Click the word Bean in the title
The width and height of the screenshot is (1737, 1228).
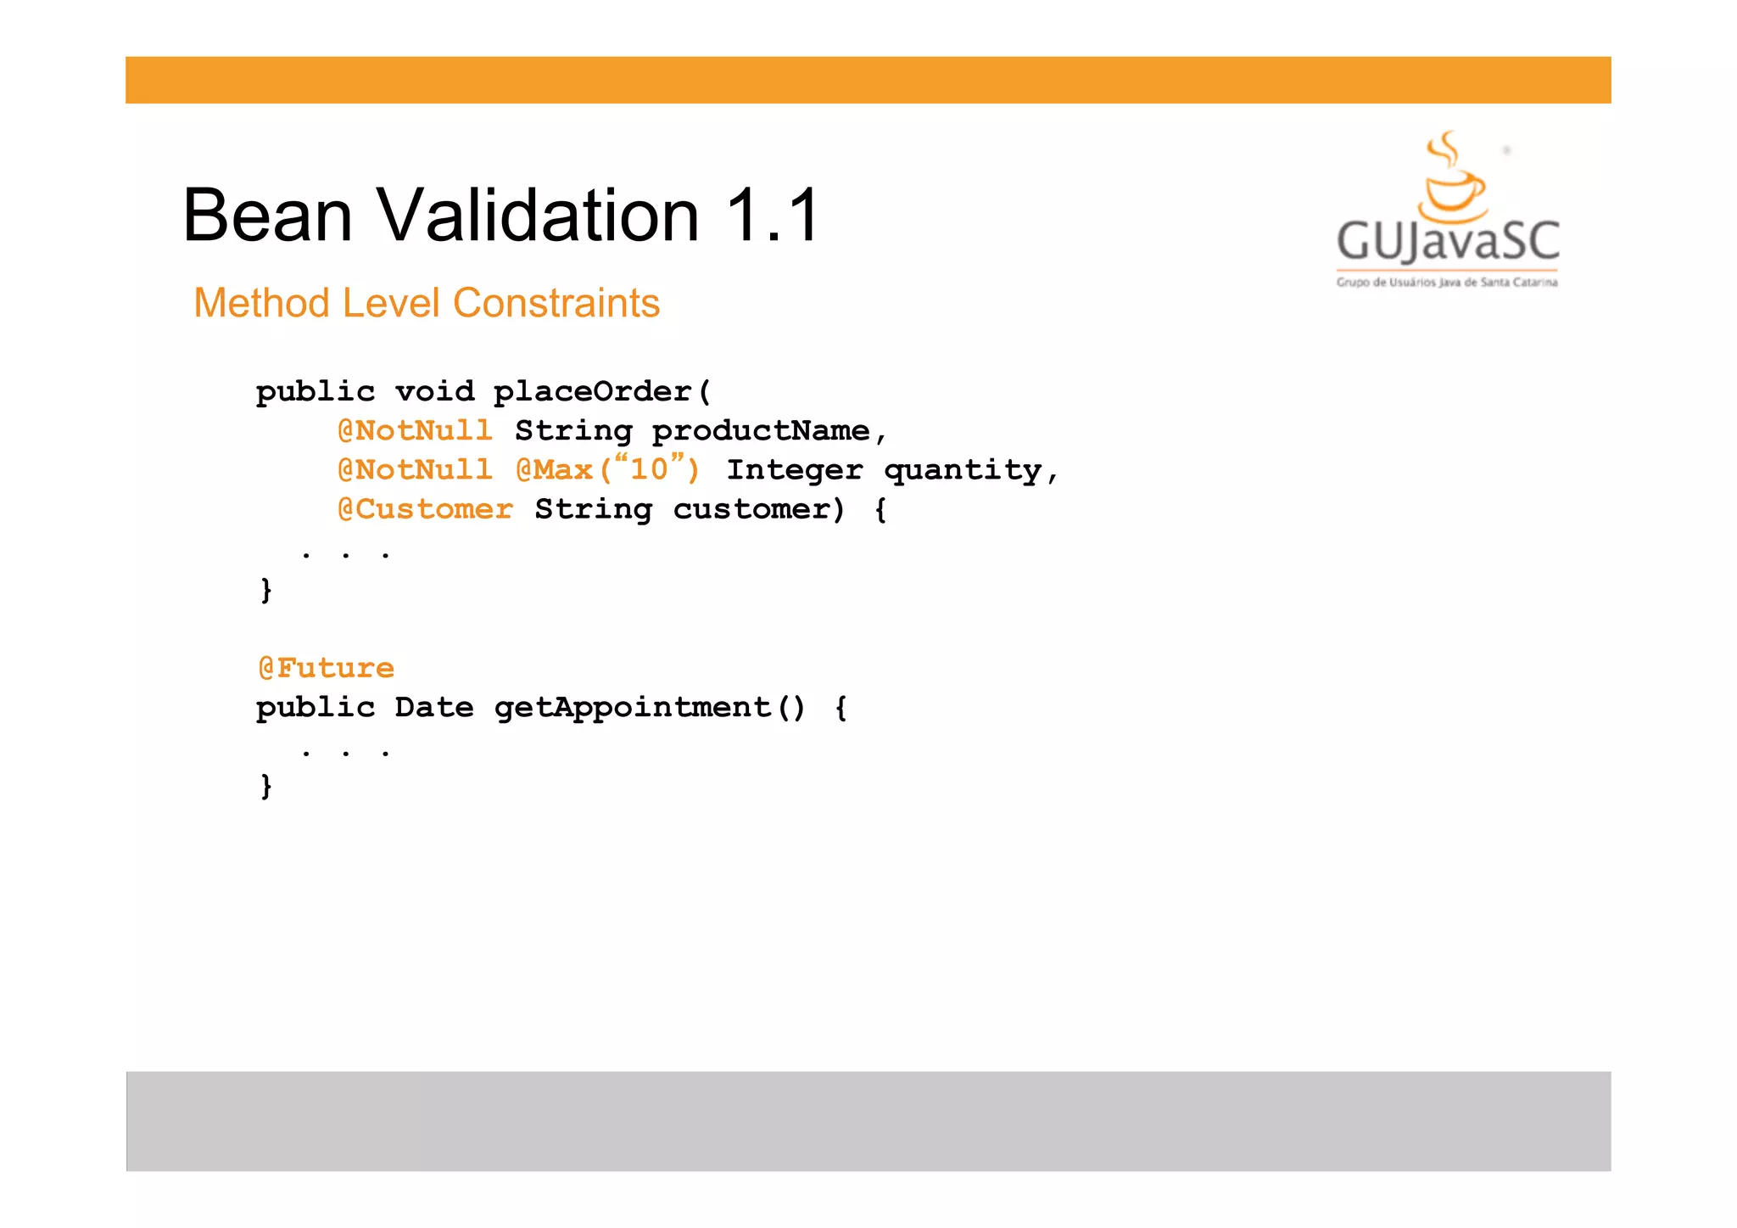click(x=267, y=216)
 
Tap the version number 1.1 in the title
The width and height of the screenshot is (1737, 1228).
click(x=773, y=216)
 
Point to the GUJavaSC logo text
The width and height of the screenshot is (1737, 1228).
click(x=1448, y=241)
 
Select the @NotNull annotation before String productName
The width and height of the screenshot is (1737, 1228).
click(x=415, y=430)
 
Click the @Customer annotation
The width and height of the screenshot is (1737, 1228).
click(x=425, y=509)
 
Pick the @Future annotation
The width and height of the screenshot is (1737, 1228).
click(x=326, y=668)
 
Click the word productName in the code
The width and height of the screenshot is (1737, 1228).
click(x=761, y=431)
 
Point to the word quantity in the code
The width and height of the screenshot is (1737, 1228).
click(x=963, y=470)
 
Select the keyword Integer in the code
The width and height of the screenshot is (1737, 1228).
click(x=795, y=469)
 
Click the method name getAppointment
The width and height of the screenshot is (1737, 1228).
click(x=633, y=707)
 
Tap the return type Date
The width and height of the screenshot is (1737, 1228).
click(x=434, y=707)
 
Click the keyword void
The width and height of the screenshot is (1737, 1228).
click(x=434, y=391)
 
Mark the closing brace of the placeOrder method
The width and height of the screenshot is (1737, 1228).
click(x=266, y=589)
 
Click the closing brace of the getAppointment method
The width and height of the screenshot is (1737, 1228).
click(x=266, y=786)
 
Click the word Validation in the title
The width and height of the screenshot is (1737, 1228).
click(x=539, y=216)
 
